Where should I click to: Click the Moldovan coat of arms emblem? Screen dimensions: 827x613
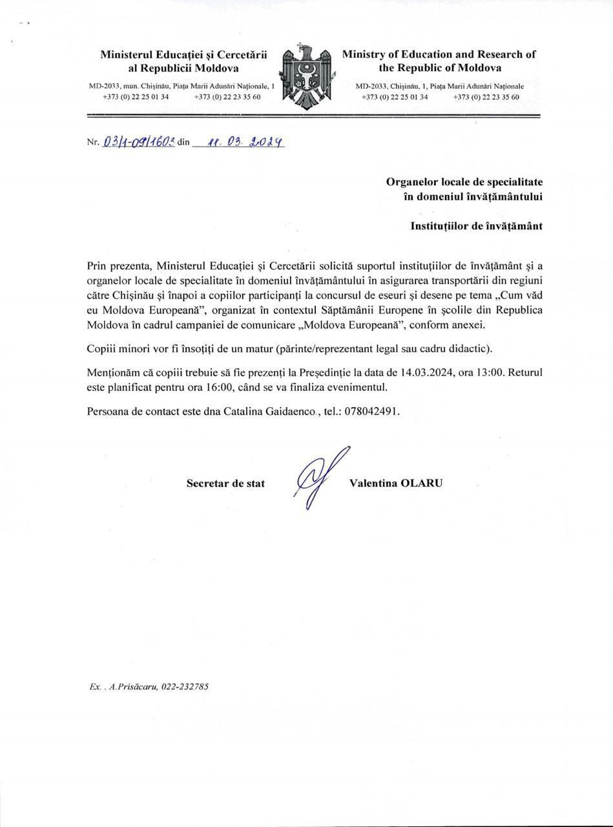307,77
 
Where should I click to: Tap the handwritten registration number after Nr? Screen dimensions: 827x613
138,141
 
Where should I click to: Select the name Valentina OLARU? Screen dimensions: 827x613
395,483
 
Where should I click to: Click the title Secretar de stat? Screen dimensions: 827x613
225,483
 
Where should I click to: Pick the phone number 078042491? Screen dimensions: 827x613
371,411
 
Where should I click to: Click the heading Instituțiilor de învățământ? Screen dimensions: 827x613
476,225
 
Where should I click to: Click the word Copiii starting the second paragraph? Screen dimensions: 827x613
101,349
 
